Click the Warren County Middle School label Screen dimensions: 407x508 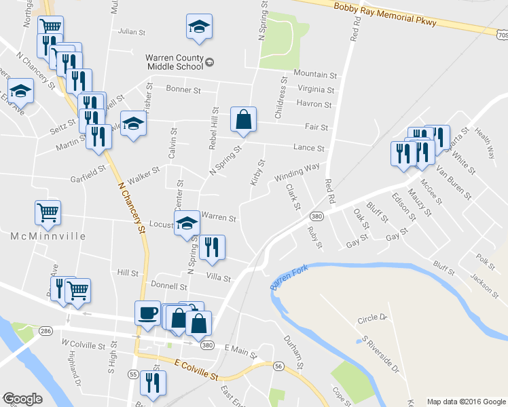(x=175, y=62)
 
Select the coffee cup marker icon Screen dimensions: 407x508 (x=148, y=313)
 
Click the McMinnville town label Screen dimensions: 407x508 (x=48, y=236)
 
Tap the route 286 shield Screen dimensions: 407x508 (x=46, y=331)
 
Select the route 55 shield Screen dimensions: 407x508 (x=132, y=374)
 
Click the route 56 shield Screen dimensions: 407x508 (x=278, y=366)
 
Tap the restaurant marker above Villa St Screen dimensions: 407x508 (x=213, y=248)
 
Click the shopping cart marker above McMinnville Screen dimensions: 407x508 (x=48, y=212)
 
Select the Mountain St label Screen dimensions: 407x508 (x=315, y=74)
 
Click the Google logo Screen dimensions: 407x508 (x=22, y=399)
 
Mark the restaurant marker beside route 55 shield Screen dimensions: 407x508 (x=153, y=383)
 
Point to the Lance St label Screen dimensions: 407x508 (x=309, y=148)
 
